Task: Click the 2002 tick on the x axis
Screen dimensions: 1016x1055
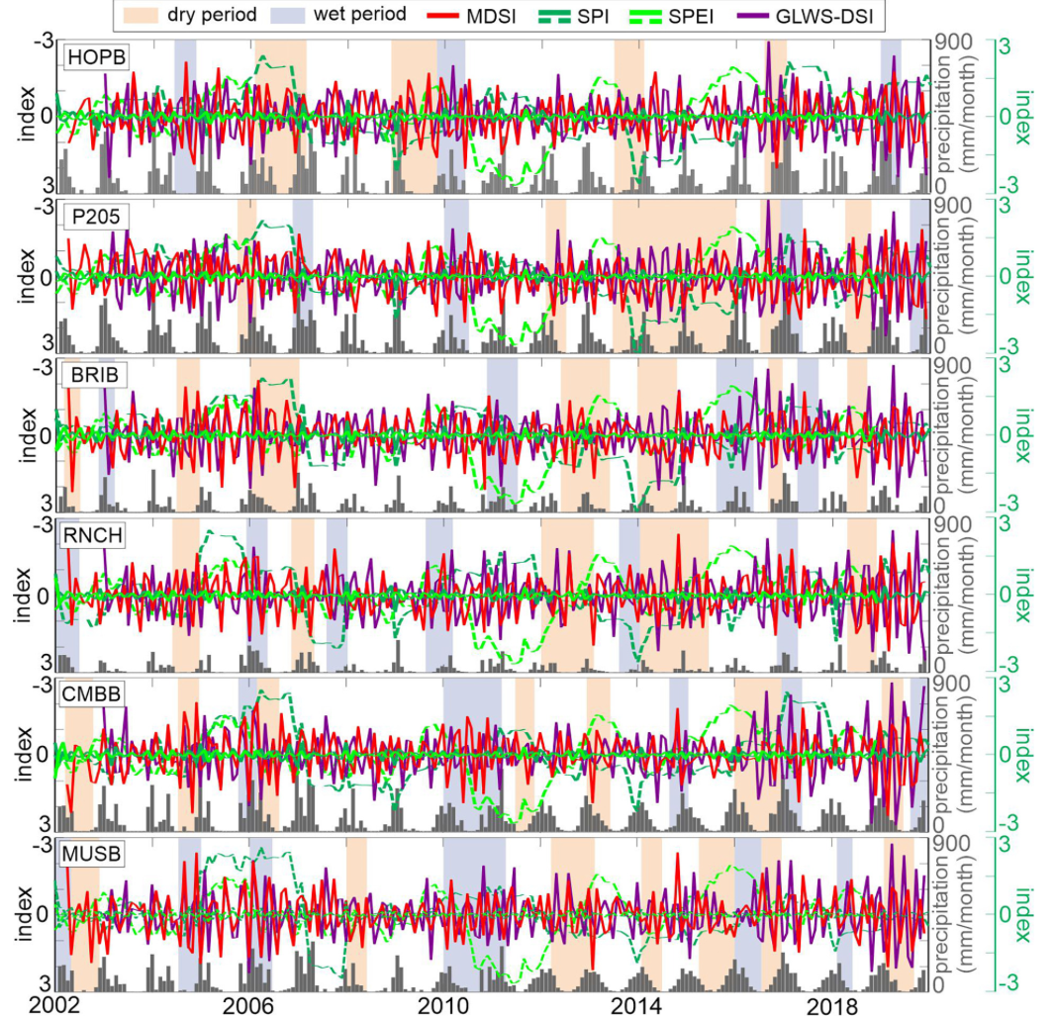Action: pyautogui.click(x=55, y=1003)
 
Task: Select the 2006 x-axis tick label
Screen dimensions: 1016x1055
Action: pyautogui.click(x=248, y=1003)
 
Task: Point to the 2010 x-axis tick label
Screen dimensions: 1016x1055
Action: pyautogui.click(x=442, y=1003)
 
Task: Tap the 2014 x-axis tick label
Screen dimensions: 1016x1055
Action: pyautogui.click(x=636, y=1003)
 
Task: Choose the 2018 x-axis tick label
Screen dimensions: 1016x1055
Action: pyautogui.click(x=830, y=1003)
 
